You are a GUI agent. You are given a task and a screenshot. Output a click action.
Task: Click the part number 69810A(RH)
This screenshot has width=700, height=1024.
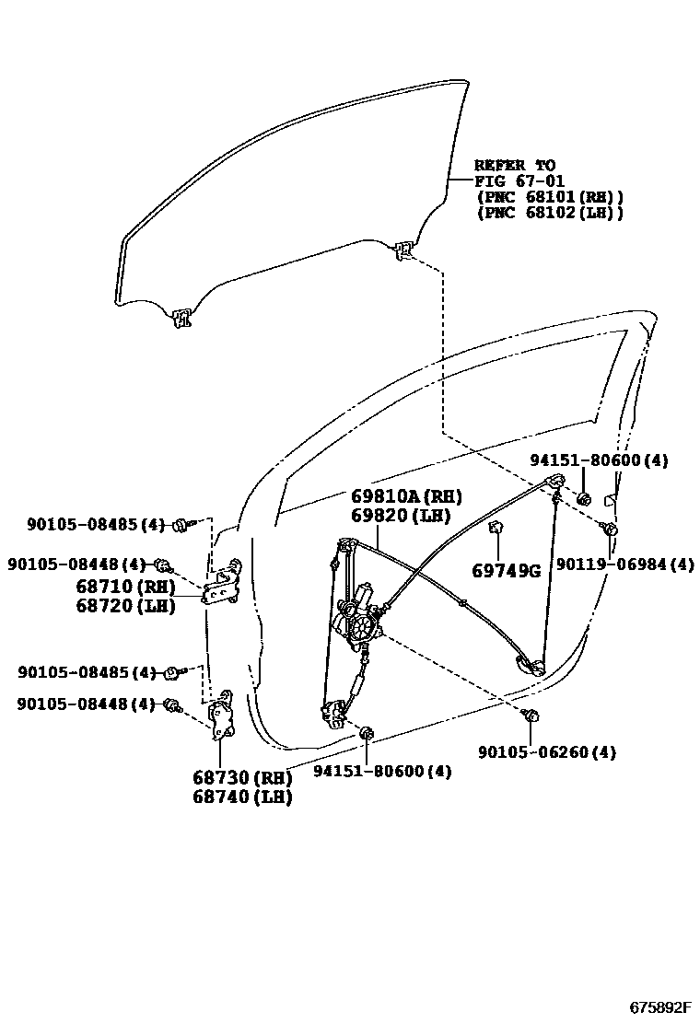(405, 497)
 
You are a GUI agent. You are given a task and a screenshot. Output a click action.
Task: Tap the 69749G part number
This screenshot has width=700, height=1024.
(506, 571)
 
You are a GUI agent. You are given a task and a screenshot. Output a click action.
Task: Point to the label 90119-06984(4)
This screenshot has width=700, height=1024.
(624, 564)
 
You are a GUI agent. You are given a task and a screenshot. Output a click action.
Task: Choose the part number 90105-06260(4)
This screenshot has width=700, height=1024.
(547, 752)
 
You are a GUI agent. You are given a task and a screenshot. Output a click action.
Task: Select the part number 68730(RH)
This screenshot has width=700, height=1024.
(242, 777)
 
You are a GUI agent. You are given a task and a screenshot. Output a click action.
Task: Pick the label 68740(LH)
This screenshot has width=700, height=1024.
(242, 797)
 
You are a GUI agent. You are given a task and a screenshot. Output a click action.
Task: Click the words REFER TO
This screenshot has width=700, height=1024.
(515, 166)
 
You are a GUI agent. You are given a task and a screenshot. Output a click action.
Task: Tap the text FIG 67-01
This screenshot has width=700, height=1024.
(519, 181)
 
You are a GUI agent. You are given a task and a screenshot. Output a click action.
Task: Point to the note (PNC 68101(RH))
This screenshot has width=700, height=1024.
(550, 197)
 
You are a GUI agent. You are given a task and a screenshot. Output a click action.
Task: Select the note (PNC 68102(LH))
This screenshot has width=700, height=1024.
(550, 213)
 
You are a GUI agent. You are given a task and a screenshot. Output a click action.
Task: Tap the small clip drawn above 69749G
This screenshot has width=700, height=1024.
(495, 529)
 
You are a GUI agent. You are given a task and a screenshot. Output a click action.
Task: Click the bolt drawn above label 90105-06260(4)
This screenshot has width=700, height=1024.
(531, 715)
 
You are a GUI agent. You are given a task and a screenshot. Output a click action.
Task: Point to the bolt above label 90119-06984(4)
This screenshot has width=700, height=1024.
(608, 528)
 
